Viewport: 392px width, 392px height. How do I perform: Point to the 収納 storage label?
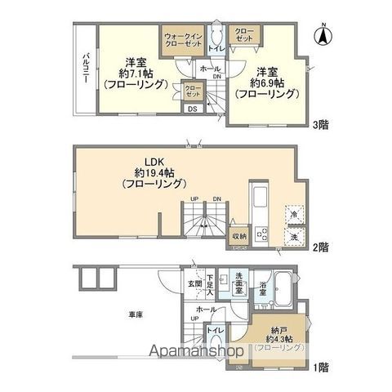coord(238,234)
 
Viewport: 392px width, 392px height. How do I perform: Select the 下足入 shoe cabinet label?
coord(209,284)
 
